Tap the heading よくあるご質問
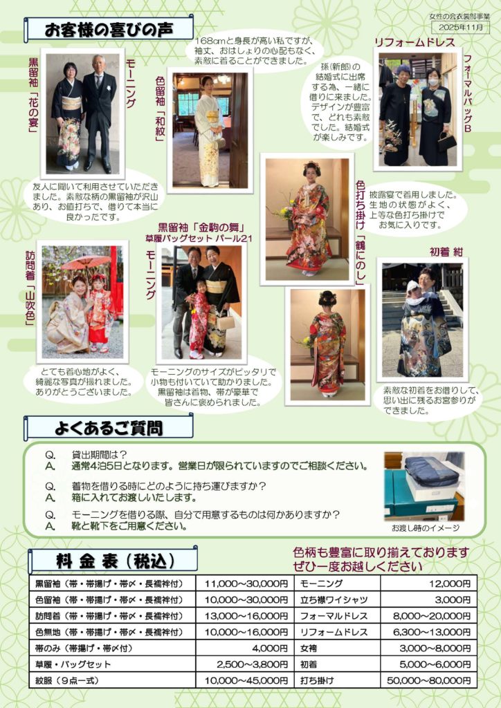click(x=109, y=427)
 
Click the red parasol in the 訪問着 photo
click(x=86, y=261)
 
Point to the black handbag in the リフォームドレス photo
click(x=446, y=141)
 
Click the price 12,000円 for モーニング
click(x=450, y=584)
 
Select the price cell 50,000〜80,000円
click(x=429, y=680)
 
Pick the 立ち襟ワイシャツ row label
click(x=334, y=599)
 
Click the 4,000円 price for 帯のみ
click(x=270, y=649)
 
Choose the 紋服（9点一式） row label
click(x=66, y=680)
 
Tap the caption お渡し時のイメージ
click(x=426, y=528)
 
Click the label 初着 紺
click(x=446, y=252)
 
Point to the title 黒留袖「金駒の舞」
click(x=201, y=227)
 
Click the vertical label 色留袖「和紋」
click(x=160, y=109)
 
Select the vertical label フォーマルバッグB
click(x=468, y=93)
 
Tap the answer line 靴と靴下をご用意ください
click(x=129, y=526)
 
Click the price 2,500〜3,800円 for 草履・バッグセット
click(x=252, y=664)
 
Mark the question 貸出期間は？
click(x=100, y=455)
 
